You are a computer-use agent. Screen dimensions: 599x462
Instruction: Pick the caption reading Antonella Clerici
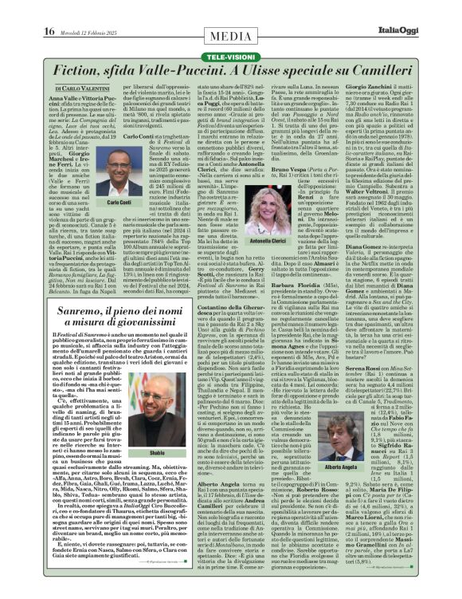click(x=267, y=240)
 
